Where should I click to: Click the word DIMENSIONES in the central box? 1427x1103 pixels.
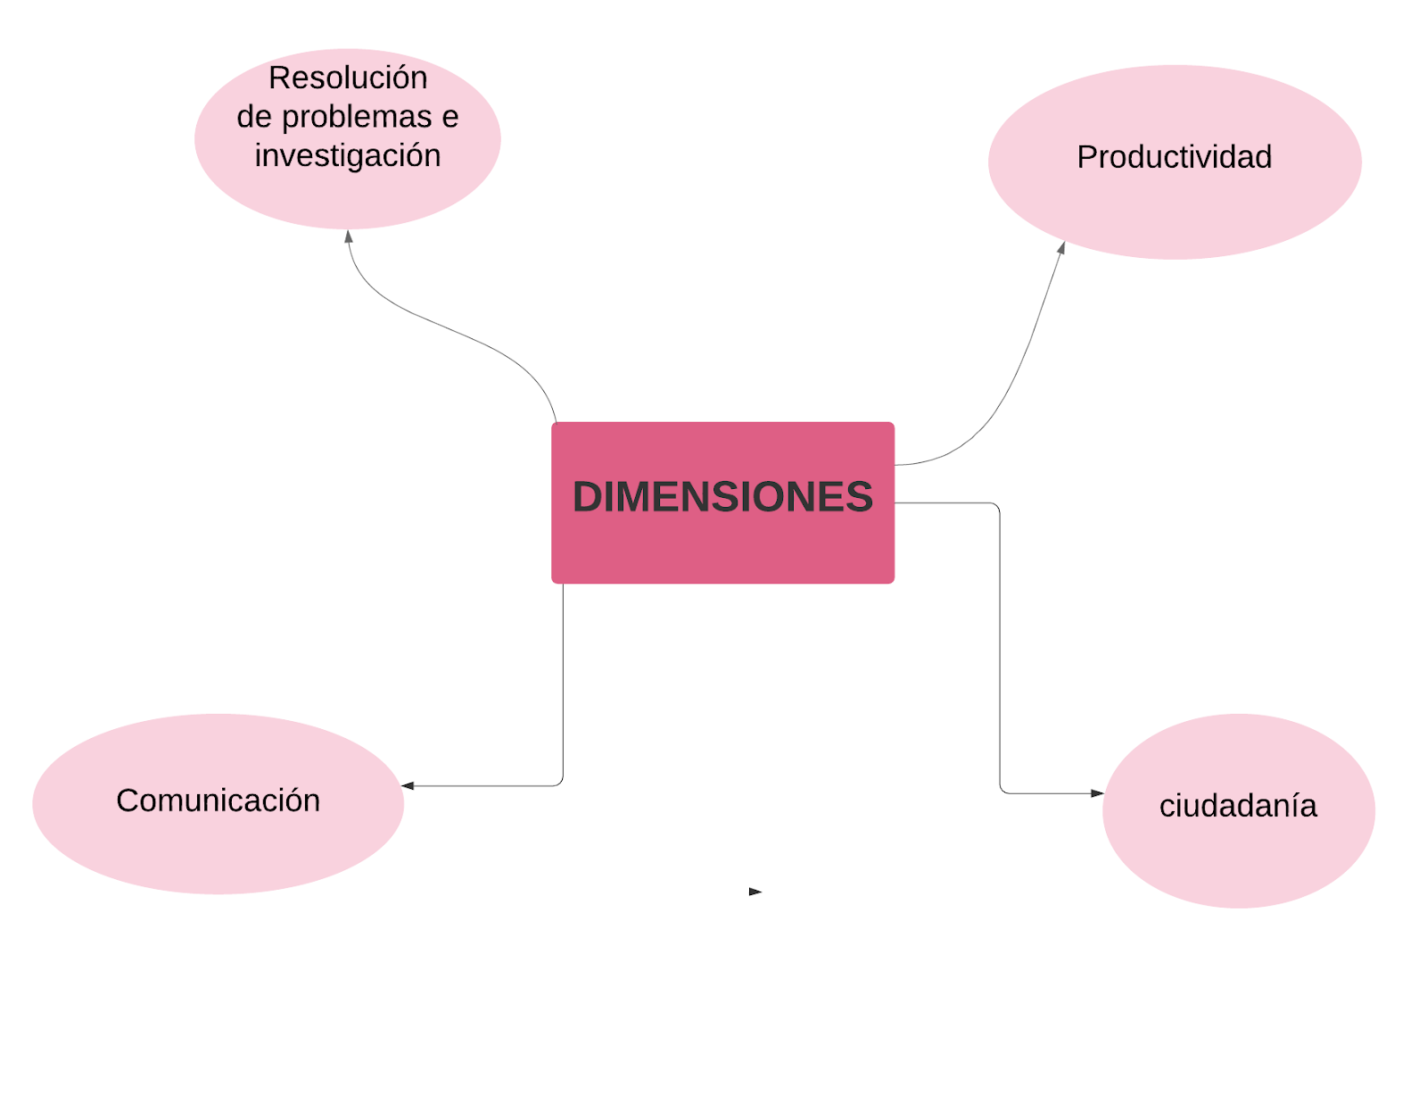tap(722, 497)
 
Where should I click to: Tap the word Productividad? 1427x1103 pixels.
tap(1174, 157)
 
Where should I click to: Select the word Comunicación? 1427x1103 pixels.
tap(218, 800)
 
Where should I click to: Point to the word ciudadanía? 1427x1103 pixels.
tap(1237, 806)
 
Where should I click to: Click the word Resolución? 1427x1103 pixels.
tap(348, 79)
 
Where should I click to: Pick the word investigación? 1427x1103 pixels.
tap(348, 155)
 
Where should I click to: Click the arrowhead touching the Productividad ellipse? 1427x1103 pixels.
tap(1061, 248)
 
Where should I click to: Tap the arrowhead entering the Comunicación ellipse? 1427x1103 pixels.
tap(408, 785)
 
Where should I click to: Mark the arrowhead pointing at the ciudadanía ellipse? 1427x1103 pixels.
tap(1097, 792)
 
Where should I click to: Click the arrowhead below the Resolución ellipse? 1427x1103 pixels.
tap(349, 236)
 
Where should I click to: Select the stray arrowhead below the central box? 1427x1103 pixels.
tap(755, 891)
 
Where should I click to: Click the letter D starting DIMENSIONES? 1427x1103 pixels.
tap(589, 497)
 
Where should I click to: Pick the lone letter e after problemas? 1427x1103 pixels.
tap(450, 117)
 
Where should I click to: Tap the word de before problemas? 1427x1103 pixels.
tap(253, 117)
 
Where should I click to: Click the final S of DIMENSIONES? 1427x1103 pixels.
tap(859, 497)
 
